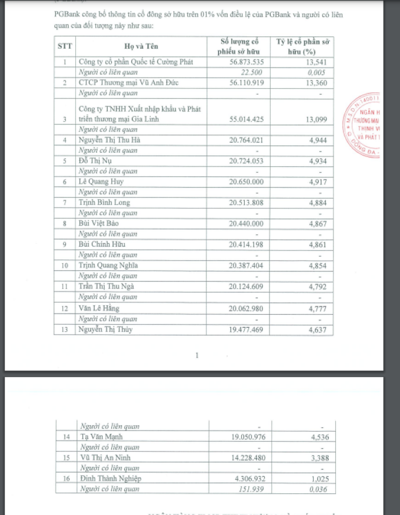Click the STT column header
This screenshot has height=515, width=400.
point(64,45)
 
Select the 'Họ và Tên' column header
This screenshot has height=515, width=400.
point(141,45)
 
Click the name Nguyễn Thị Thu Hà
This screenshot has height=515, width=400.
point(109,140)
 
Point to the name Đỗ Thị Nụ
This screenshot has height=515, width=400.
point(94,161)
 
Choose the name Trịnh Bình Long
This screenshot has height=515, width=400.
point(105,203)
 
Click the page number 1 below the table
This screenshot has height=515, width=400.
point(197,355)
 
